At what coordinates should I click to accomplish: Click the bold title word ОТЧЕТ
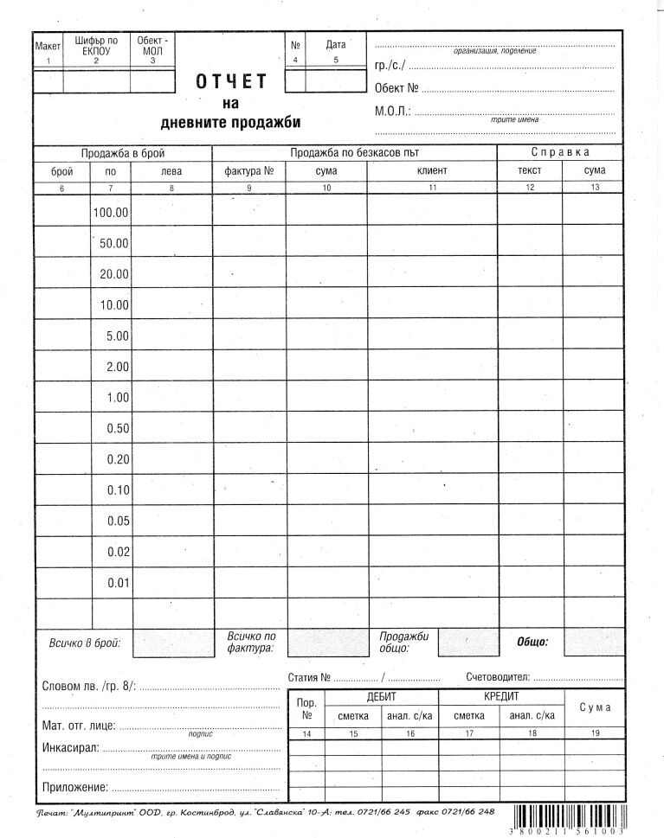pos(231,82)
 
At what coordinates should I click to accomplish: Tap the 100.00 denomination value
pos(110,212)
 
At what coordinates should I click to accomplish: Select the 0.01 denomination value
pos(118,583)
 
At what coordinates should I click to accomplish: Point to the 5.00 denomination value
pos(117,336)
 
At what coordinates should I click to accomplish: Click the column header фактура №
pos(249,171)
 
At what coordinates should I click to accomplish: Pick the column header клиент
pos(431,171)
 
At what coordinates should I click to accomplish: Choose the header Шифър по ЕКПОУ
pos(96,46)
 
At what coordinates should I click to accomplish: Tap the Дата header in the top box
pos(336,44)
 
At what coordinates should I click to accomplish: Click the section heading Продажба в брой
pos(123,153)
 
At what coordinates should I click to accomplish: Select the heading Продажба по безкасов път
pos(354,153)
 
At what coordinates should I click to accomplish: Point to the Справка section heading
pos(560,153)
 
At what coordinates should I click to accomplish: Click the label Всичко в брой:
pos(84,643)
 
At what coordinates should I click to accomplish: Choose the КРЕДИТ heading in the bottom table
pos(501,696)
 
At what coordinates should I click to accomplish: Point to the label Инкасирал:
pos(70,747)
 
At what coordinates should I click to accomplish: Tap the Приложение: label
pos(74,787)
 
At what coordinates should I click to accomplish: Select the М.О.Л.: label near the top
pos(392,112)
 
